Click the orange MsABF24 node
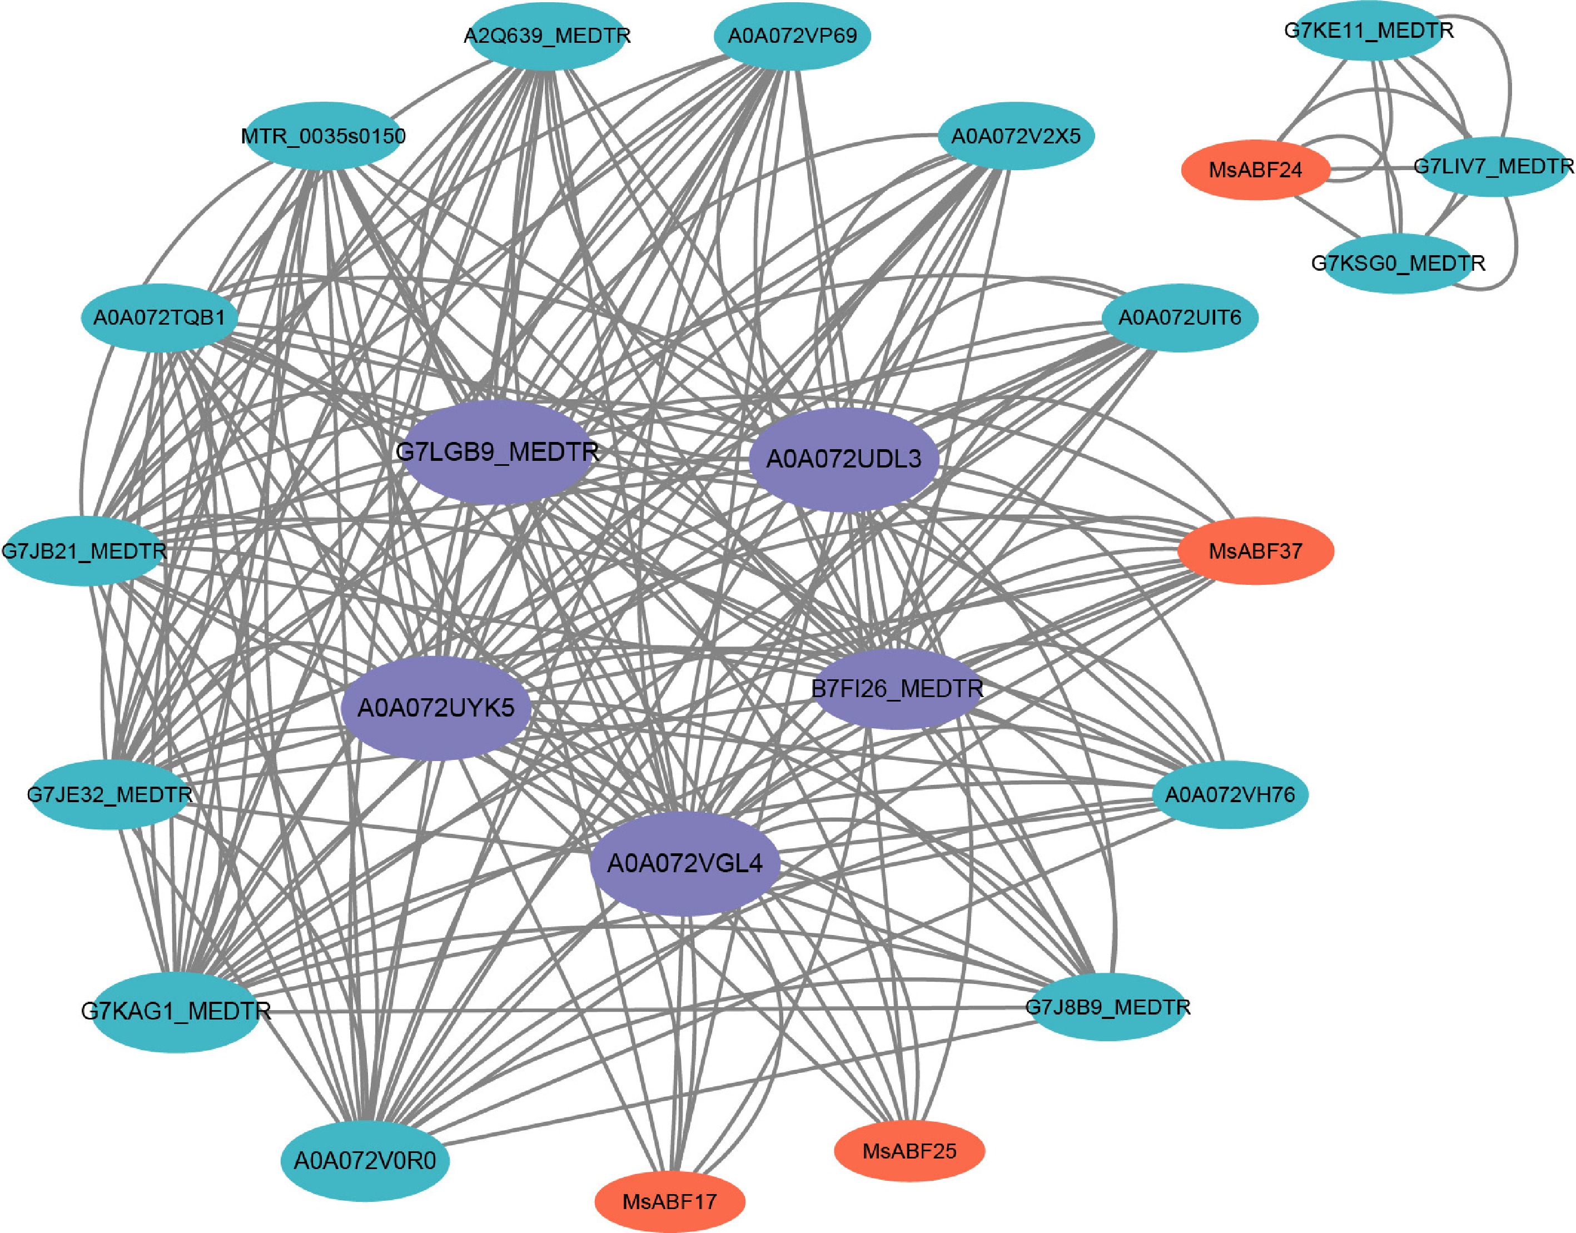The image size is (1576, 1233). tap(1255, 170)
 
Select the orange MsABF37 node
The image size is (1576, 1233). tap(1255, 551)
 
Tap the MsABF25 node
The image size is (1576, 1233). tap(909, 1151)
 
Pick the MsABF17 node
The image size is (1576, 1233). tap(669, 1202)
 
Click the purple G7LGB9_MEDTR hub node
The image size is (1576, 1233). tap(498, 453)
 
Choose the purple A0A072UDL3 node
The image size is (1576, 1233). tap(843, 459)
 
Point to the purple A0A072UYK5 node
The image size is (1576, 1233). tap(436, 708)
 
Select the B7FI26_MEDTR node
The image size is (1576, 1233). tap(897, 689)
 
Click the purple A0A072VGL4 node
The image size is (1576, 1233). tap(684, 863)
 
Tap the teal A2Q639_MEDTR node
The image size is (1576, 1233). tap(547, 36)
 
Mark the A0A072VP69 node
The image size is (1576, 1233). tap(792, 36)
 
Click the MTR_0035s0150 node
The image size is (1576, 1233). tap(323, 136)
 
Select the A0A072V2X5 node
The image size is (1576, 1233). tap(1016, 136)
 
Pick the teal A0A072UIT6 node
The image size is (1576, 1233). tap(1180, 317)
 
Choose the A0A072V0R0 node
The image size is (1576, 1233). tap(365, 1161)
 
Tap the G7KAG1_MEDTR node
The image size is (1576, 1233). tap(176, 1011)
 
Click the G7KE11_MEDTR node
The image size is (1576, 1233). tap(1369, 31)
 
